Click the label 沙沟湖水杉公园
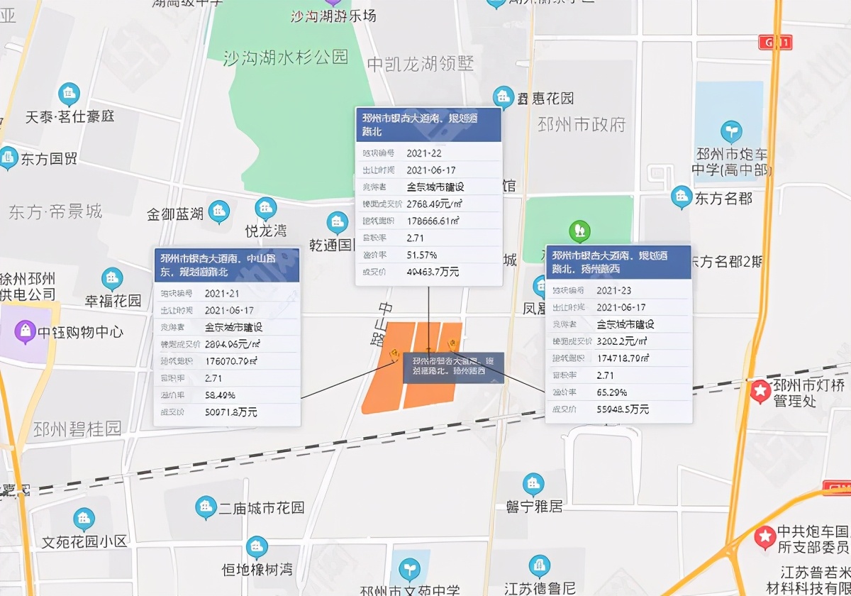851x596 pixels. (x=286, y=57)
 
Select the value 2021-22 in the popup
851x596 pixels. (x=424, y=153)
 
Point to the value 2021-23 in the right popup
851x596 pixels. (x=614, y=290)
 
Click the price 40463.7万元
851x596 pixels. (x=433, y=272)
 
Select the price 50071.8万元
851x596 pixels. (x=231, y=412)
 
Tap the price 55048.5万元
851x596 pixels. (x=623, y=409)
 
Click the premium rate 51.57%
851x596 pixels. (x=422, y=255)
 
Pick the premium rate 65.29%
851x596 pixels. (x=611, y=392)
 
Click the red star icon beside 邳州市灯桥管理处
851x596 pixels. (x=761, y=390)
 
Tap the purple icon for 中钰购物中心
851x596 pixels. (x=25, y=331)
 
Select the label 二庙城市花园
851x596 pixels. (x=261, y=508)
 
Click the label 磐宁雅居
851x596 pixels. (x=534, y=507)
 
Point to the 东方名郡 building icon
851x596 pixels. (x=682, y=197)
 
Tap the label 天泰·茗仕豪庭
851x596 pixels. (x=69, y=116)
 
